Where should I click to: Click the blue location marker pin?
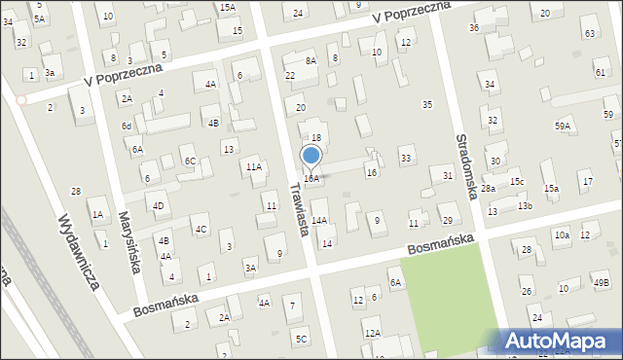[x=311, y=156]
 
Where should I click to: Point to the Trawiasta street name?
[x=297, y=205]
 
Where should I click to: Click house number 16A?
[x=311, y=179]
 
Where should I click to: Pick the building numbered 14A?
[x=318, y=221]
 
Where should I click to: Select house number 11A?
[x=254, y=167]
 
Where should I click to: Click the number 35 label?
[x=426, y=104]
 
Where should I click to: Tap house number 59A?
[x=563, y=126]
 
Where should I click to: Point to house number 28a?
[x=488, y=189]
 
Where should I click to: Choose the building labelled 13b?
[x=525, y=206]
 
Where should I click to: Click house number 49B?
[x=601, y=283]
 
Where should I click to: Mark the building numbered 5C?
[x=302, y=339]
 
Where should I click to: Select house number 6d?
[x=127, y=126]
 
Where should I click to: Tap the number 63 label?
[x=589, y=34]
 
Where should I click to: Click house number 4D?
[x=158, y=205]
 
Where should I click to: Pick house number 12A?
[x=372, y=333]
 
